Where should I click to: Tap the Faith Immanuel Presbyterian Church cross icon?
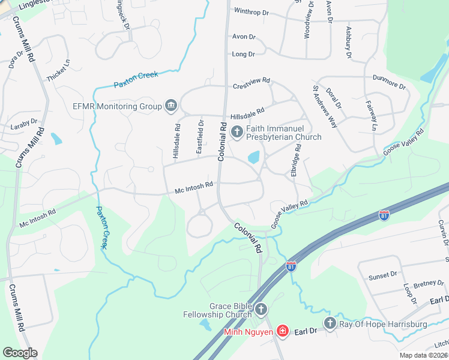click(237, 132)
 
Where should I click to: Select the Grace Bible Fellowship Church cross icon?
click(261, 310)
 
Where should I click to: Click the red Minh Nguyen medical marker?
click(282, 331)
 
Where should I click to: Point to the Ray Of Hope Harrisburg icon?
click(330, 324)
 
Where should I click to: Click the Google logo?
click(20, 353)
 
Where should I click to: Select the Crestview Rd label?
click(252, 86)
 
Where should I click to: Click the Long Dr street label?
click(243, 54)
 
